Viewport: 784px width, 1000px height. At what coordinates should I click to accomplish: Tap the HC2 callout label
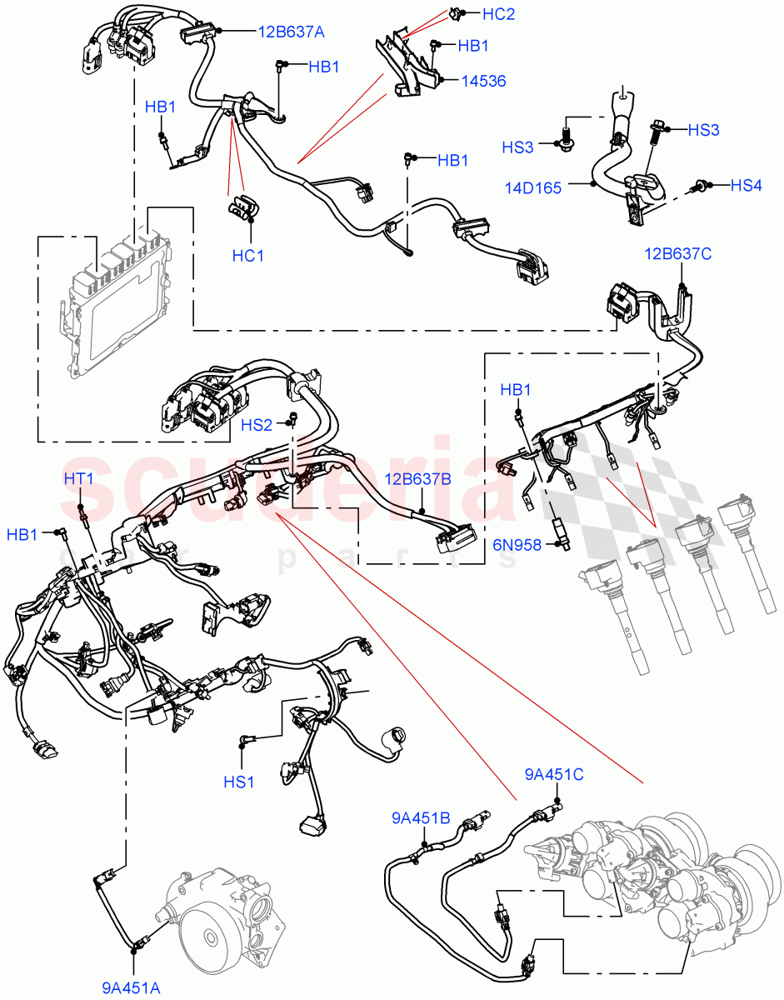point(498,14)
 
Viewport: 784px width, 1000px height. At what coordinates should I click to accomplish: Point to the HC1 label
point(247,256)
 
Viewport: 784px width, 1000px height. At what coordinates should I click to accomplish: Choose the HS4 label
point(746,185)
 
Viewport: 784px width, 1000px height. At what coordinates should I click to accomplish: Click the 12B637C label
point(677,253)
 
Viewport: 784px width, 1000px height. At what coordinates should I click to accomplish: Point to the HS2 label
point(257,425)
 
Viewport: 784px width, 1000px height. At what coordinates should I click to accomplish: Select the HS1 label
point(240,781)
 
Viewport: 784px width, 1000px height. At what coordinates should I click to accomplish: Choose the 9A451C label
point(554,774)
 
